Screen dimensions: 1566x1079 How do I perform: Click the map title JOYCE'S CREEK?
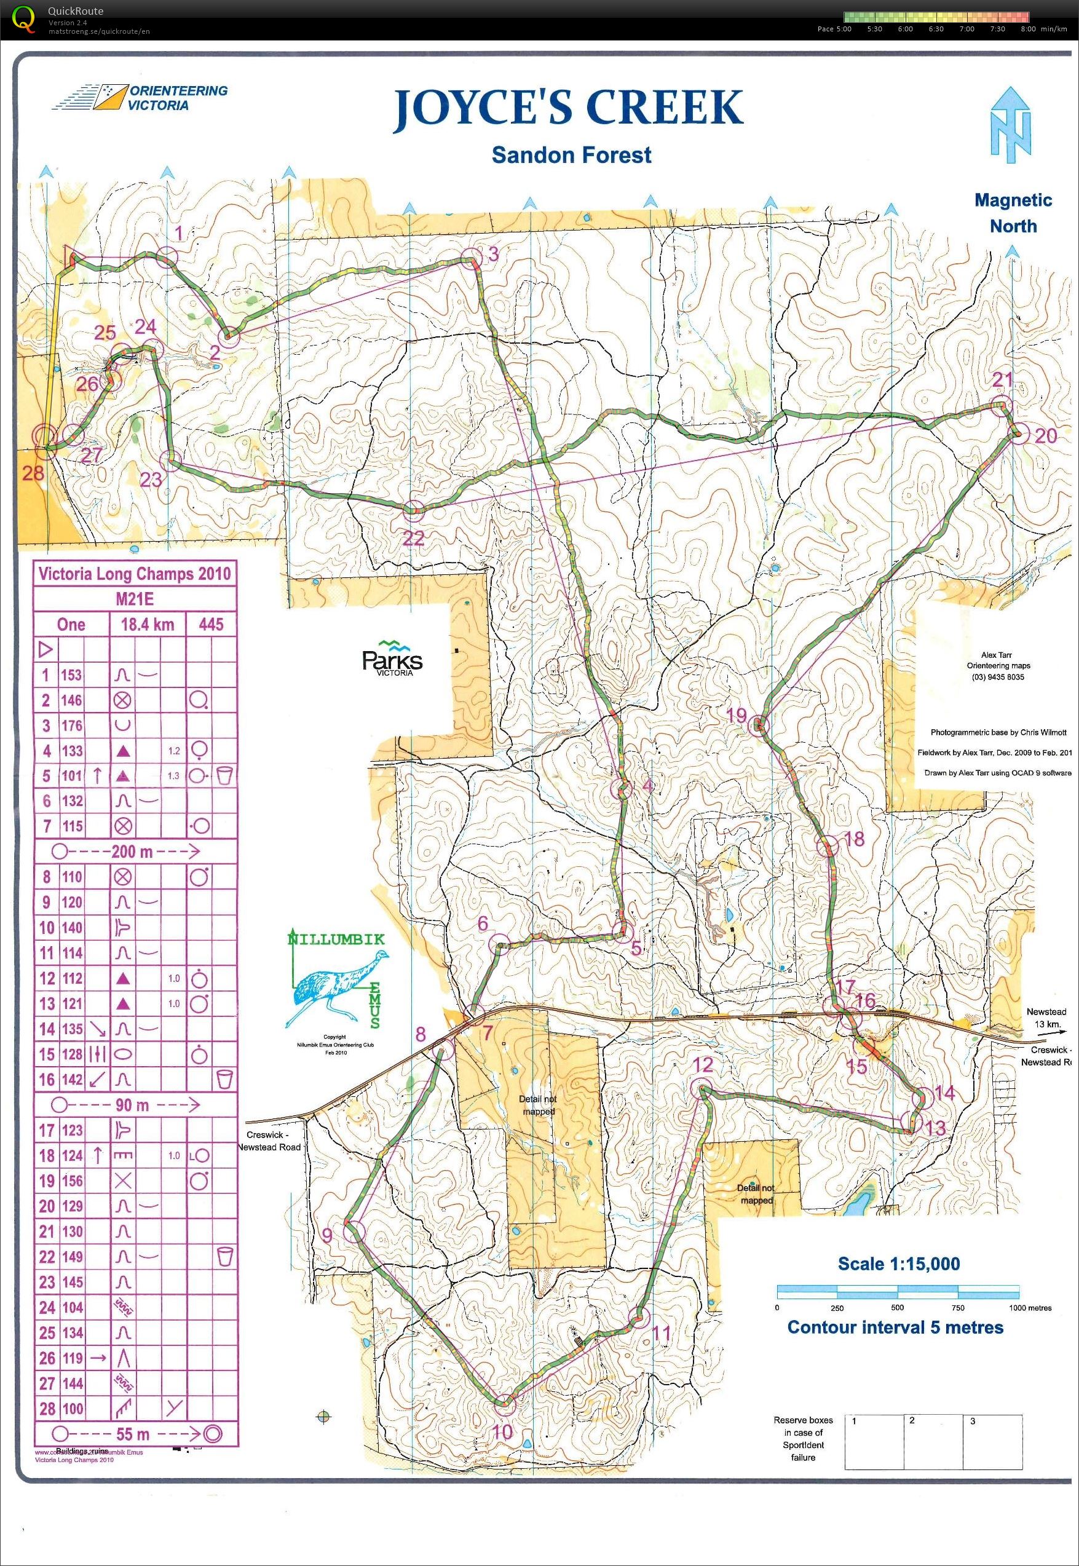pos(569,108)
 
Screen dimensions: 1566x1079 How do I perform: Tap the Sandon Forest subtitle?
pos(571,155)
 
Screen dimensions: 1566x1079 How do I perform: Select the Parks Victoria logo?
pos(392,657)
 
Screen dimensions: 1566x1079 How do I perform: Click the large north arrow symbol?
pos(1011,126)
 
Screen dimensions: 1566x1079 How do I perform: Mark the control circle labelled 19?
pos(760,724)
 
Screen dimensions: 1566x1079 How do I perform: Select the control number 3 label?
pos(494,253)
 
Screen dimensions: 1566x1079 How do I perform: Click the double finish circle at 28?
pos(44,436)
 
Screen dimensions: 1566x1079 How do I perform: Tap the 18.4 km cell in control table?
pos(148,624)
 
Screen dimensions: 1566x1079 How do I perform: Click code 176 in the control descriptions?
pos(72,726)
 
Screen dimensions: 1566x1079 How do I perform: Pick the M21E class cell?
pos(135,599)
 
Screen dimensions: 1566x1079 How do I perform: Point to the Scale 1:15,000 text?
pos(898,1263)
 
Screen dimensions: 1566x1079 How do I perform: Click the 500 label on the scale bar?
pos(897,1308)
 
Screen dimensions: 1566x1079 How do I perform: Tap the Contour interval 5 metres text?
pos(895,1327)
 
